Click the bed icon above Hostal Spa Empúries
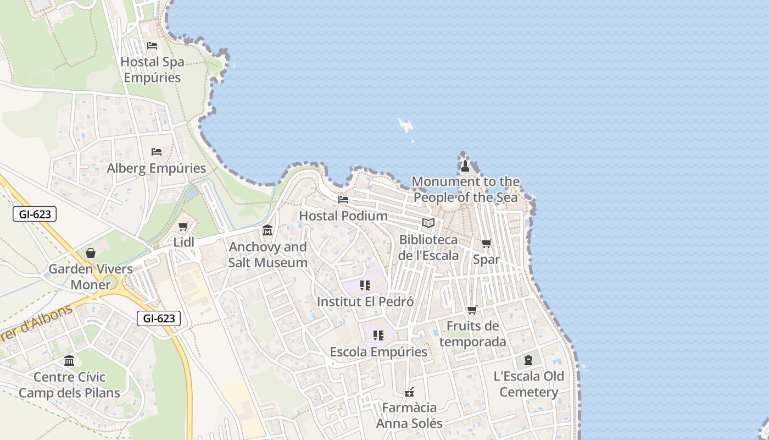(152, 46)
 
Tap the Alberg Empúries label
(157, 168)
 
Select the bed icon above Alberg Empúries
(157, 151)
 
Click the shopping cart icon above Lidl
(183, 226)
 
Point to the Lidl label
(183, 242)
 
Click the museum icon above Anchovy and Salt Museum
(268, 230)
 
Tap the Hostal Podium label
(343, 216)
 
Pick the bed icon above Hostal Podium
(343, 199)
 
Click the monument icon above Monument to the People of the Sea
(465, 166)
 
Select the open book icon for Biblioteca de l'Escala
(428, 223)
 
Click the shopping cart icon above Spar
(486, 243)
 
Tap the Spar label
(486, 259)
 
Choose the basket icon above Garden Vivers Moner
(91, 253)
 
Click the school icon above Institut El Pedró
(365, 285)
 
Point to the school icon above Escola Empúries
(378, 335)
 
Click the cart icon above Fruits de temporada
(472, 310)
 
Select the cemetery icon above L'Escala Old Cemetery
(528, 360)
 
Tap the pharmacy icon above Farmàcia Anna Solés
(409, 392)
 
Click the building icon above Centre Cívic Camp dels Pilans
(69, 361)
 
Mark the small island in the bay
(406, 126)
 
